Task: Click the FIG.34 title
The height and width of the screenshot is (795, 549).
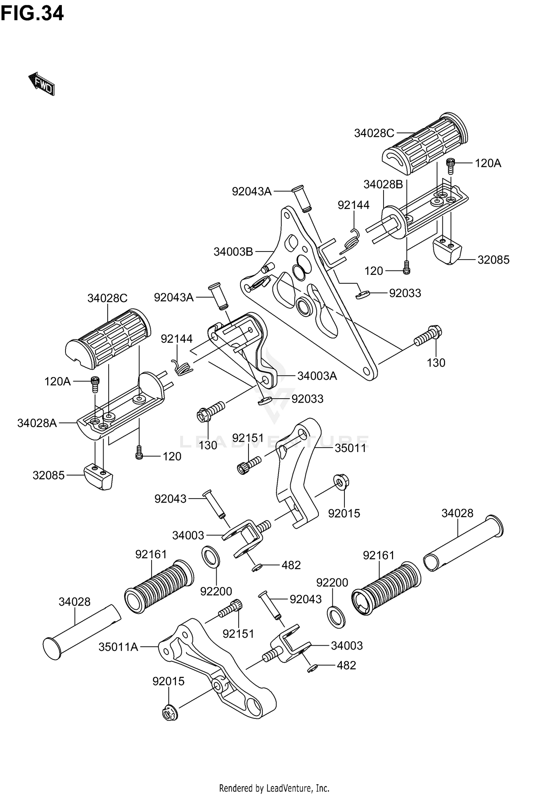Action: tap(32, 14)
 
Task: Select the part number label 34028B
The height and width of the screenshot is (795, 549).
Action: tap(383, 184)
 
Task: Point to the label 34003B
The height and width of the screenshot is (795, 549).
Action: tap(234, 252)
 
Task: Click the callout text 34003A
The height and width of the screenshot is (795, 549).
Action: tap(317, 376)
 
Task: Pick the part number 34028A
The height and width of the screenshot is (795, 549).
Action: tap(37, 423)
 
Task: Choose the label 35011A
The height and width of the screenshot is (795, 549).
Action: tap(118, 647)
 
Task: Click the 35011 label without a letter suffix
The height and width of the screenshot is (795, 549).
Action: tap(351, 448)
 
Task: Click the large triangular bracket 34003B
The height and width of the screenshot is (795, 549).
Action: tap(309, 293)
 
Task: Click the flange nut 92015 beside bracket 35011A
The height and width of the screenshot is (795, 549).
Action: tap(170, 712)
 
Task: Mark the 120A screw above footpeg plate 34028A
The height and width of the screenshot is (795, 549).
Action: tap(95, 384)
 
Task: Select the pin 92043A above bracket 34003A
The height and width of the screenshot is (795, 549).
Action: tap(219, 296)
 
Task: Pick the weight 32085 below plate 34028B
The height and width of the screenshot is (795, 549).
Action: tap(447, 250)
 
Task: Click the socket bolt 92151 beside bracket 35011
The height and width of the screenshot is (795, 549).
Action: tap(249, 464)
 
